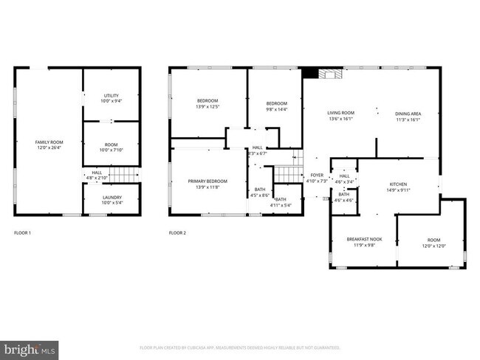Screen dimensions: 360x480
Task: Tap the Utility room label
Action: coord(111,96)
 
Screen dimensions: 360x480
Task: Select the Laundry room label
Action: coord(112,197)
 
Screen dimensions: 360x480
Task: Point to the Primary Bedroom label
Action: coord(207,181)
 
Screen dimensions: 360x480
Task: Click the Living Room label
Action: coord(341,113)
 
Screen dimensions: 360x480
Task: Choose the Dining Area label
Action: coord(408,113)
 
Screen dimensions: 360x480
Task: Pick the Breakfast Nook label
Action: coord(364,240)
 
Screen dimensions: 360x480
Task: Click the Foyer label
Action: coord(316,176)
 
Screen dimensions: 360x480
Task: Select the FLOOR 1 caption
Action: coord(23,233)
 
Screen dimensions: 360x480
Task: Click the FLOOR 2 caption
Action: coord(177,233)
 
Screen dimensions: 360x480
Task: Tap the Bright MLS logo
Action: coord(30,347)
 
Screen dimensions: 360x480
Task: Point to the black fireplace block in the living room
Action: coord(310,73)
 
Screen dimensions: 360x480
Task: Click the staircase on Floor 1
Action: coord(128,175)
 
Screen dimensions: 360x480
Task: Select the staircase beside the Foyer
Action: coord(285,175)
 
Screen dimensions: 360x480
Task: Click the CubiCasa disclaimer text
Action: coord(240,347)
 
